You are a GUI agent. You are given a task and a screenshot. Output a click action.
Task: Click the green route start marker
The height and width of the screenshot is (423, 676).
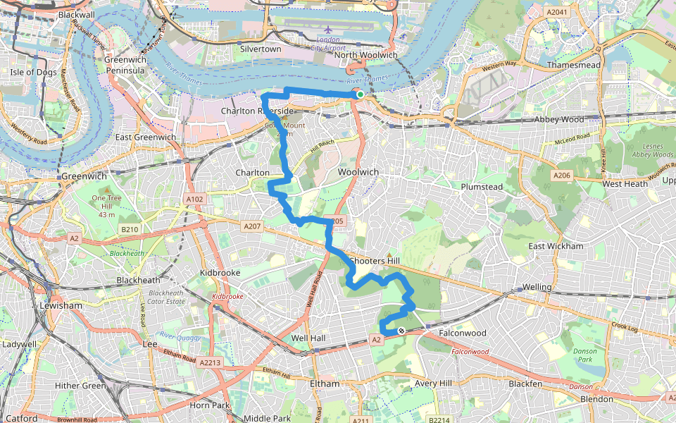pos(360,94)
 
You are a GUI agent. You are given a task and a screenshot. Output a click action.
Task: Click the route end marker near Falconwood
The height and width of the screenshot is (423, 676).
pos(401,331)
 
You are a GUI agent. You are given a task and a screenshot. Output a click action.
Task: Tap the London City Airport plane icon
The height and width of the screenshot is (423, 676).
pos(328,31)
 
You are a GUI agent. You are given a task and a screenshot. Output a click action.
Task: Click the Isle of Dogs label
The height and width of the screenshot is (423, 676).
pos(32,72)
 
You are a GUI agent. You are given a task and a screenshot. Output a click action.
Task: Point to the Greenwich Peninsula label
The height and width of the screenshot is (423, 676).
pos(125,66)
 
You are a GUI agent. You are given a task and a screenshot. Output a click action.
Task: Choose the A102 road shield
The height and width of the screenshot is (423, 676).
pos(194,200)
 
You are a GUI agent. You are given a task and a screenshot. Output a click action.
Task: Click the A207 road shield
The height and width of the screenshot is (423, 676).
pos(251,226)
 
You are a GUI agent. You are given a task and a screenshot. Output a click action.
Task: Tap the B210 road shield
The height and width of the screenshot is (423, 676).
pos(128,229)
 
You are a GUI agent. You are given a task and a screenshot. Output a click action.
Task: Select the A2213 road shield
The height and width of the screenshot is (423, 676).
pos(210,362)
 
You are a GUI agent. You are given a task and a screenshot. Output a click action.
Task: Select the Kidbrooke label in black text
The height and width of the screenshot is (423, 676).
pos(220,272)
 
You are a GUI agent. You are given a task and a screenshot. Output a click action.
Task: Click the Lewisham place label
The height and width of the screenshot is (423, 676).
pos(61,306)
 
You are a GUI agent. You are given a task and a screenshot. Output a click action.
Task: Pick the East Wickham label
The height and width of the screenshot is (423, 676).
pos(556,246)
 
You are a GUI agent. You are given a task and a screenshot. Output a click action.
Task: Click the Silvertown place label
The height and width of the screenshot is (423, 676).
pos(261,49)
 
